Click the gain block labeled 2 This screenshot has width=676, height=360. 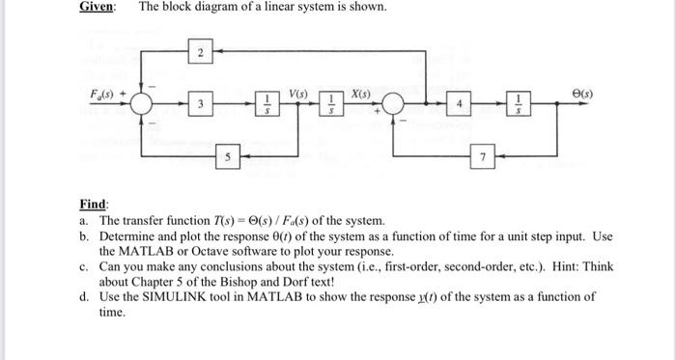click(199, 52)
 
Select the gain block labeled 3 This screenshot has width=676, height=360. click(199, 103)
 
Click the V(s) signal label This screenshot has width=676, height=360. click(298, 94)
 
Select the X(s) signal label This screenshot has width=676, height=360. click(363, 94)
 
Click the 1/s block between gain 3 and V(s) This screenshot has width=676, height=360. click(268, 104)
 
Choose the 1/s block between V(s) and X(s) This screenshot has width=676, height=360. click(331, 104)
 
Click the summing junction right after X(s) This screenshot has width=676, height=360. click(395, 104)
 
